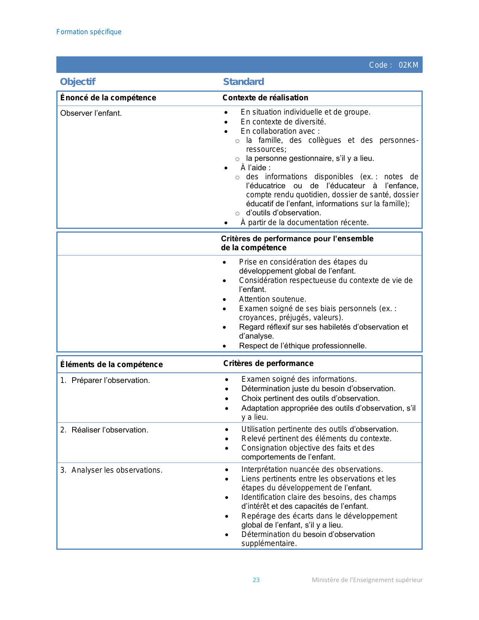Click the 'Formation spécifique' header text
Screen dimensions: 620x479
click(89, 32)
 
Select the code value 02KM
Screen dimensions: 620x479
click(408, 65)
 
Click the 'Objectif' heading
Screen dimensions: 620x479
click(78, 82)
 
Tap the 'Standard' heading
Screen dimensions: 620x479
click(243, 82)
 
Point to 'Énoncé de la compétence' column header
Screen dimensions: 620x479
click(108, 98)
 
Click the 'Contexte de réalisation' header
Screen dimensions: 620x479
click(265, 98)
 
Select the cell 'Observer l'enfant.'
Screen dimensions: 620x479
click(91, 113)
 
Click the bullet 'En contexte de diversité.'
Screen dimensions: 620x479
click(283, 122)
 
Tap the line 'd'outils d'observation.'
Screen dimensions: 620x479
click(283, 213)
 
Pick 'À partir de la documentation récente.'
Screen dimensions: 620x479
click(304, 222)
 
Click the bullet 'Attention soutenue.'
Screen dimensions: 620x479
click(272, 299)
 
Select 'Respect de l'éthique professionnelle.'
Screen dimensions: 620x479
click(302, 346)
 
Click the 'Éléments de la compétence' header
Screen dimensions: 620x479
click(112, 364)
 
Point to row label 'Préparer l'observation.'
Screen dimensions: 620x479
click(110, 380)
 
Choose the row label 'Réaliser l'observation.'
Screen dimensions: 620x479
click(110, 430)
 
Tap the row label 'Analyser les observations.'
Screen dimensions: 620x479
click(117, 470)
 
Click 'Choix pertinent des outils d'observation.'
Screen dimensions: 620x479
click(310, 398)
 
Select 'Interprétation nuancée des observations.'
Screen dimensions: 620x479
click(312, 469)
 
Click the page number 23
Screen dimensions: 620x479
click(256, 580)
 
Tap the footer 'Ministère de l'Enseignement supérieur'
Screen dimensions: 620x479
click(367, 580)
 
